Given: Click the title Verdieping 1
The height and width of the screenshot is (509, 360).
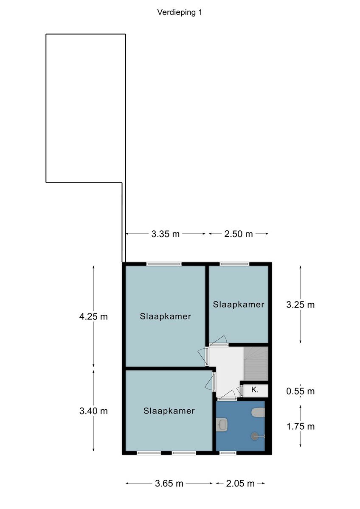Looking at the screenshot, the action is coord(180,12).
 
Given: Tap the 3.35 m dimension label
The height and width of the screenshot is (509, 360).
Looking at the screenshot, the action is coord(165,234).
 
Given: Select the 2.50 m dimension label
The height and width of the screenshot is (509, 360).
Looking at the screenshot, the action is coord(238,234).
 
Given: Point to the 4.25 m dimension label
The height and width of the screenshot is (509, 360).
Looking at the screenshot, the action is coord(93,316).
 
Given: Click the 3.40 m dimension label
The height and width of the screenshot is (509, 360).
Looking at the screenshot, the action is coord(93,411).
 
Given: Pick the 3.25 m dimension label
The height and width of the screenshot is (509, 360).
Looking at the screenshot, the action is coord(300,305).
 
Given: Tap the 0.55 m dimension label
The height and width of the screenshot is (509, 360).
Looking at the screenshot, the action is coord(300,391).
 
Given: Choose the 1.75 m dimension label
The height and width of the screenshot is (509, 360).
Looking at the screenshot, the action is coord(300,427).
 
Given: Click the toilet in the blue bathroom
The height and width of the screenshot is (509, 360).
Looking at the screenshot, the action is coord(258,412).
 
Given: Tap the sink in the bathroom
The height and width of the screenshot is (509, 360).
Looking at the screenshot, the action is coord(222,425).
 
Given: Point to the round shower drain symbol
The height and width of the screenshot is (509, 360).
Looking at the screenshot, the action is coord(254,436).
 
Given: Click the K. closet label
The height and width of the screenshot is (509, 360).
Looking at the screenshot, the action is coord(255,390).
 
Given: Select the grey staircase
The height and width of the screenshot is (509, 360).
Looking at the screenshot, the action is coord(256,364).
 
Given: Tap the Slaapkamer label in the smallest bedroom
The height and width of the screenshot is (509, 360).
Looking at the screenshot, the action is coord(239,305).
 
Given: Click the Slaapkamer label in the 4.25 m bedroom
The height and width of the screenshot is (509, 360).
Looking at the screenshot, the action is coord(165,316).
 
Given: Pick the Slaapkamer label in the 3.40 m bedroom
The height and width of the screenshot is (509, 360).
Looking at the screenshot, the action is coord(169,411).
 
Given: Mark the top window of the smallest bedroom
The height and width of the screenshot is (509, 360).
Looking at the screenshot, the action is coord(234,264).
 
